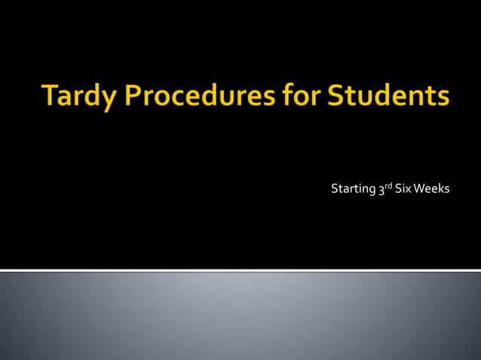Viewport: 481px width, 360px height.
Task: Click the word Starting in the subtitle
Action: pyautogui.click(x=353, y=188)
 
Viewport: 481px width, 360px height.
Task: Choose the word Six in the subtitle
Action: pyautogui.click(x=403, y=188)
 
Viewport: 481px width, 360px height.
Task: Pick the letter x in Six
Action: pyautogui.click(x=409, y=189)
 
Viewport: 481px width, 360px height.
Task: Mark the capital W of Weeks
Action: pyautogui.click(x=419, y=188)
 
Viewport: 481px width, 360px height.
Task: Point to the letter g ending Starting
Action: pyautogui.click(x=371, y=191)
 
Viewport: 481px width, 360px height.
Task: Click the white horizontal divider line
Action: pyautogui.click(x=240, y=270)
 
